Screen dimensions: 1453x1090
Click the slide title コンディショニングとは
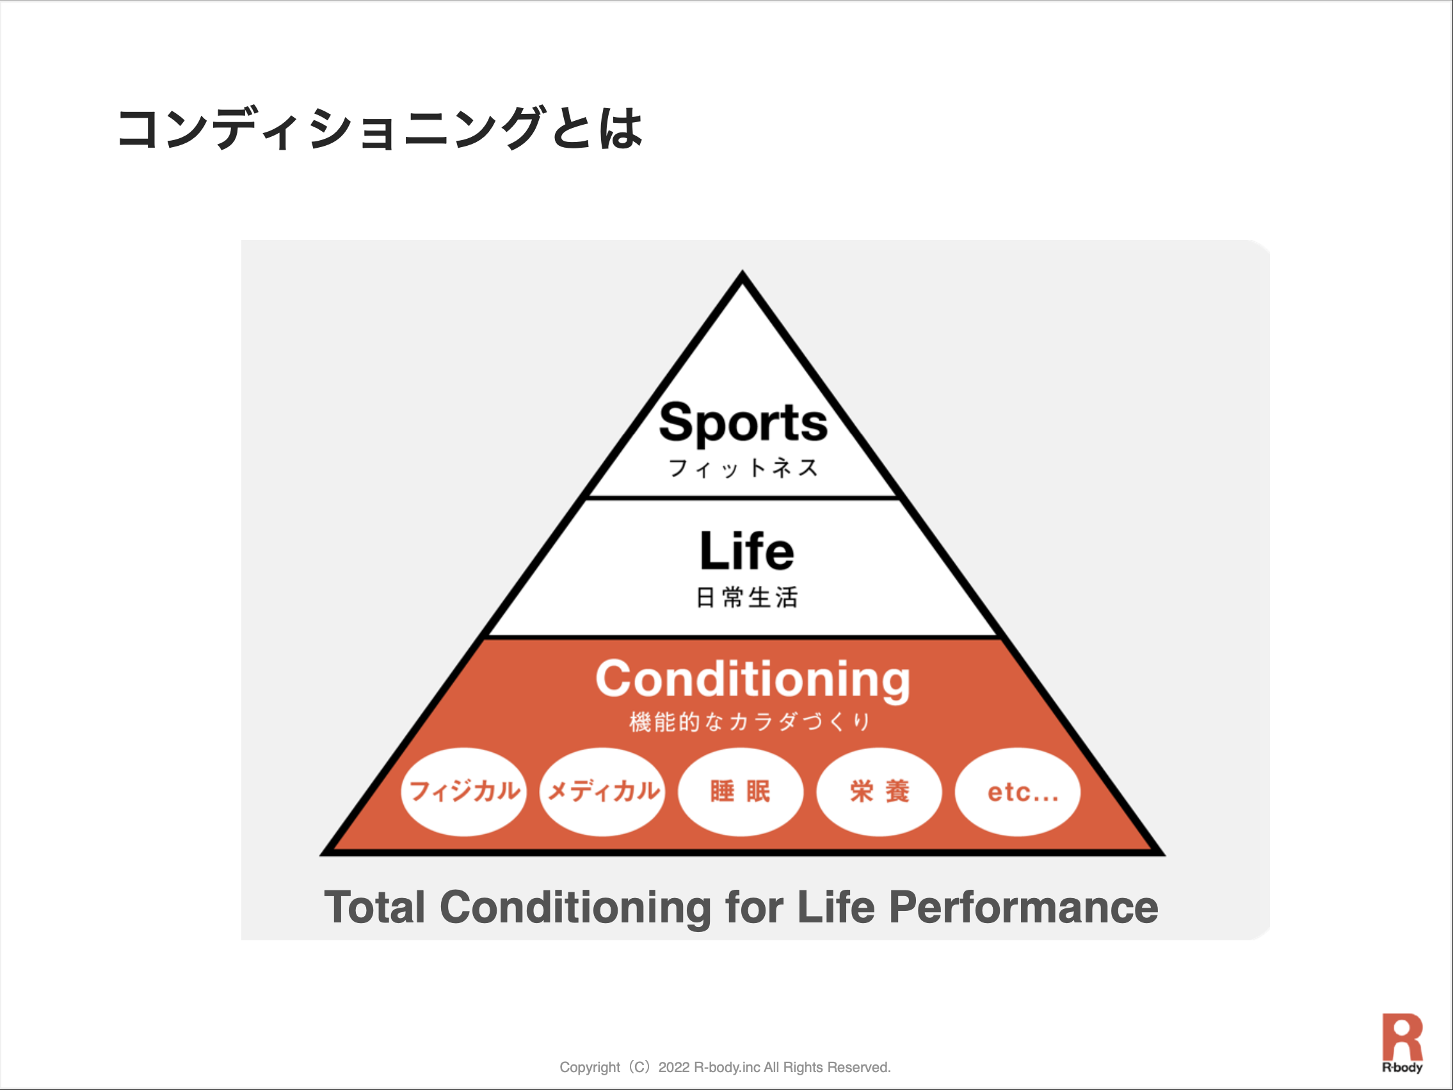tap(380, 128)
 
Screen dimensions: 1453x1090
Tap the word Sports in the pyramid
tap(743, 423)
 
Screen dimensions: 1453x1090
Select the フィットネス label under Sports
tap(743, 468)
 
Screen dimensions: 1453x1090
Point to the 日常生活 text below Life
tap(747, 597)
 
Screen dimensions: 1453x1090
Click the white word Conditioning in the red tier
tap(753, 680)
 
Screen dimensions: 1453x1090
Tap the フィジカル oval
tap(464, 791)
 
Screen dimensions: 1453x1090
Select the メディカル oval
tap(602, 791)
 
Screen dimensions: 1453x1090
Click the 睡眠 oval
tap(741, 791)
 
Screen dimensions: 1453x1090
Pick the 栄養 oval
tap(879, 791)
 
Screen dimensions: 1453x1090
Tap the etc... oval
tap(1018, 791)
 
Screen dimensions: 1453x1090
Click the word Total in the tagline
tap(375, 907)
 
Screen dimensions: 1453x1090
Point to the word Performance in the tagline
tap(1024, 907)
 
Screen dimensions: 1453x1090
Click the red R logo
tap(1402, 1037)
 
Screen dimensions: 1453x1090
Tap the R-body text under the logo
tap(1402, 1067)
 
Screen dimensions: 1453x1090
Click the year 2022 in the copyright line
tap(674, 1067)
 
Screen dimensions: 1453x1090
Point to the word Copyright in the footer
tap(590, 1068)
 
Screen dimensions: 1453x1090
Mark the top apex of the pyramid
tap(743, 270)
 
